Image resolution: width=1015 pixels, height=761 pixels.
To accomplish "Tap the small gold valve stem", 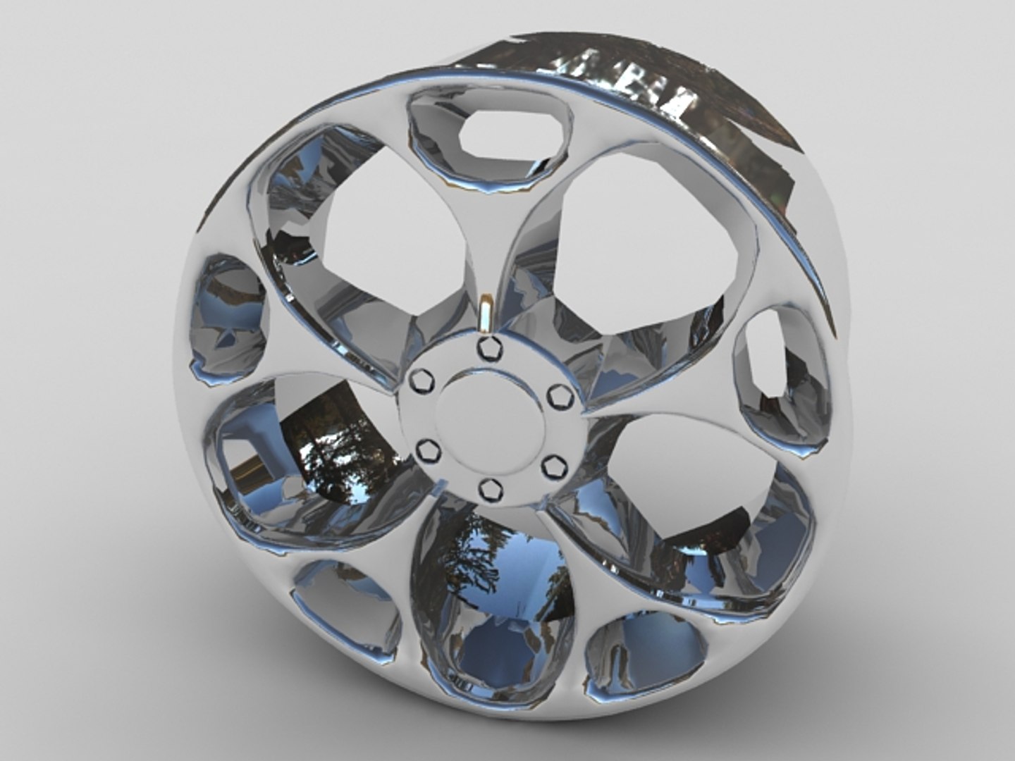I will click(x=486, y=314).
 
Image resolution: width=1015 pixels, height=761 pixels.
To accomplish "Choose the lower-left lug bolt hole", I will click(x=426, y=449).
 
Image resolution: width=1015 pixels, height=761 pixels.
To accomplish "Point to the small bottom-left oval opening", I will click(x=345, y=606).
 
